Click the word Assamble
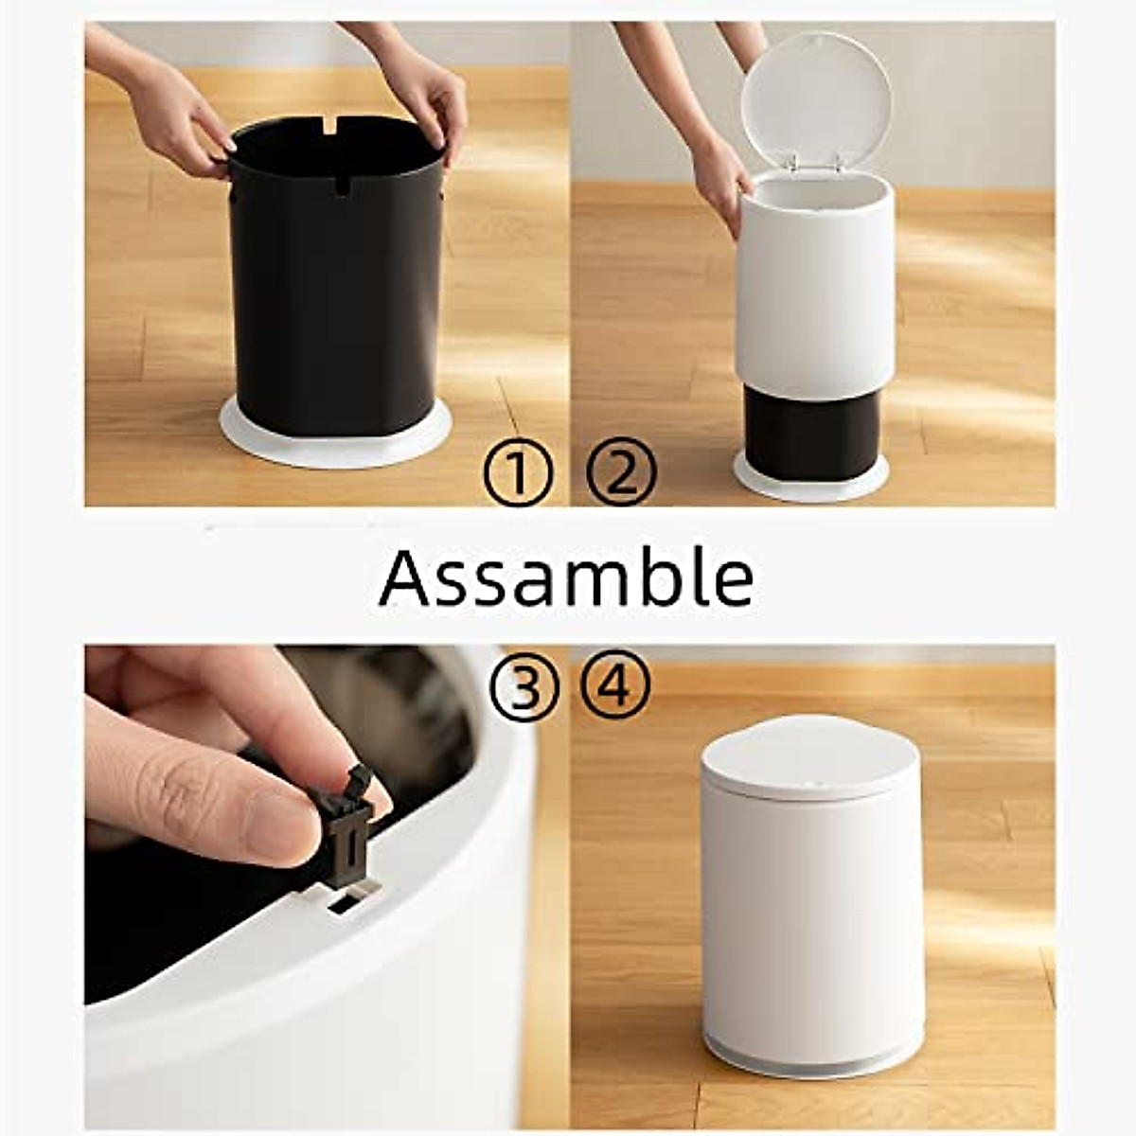tap(566, 578)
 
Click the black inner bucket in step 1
tap(336, 303)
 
